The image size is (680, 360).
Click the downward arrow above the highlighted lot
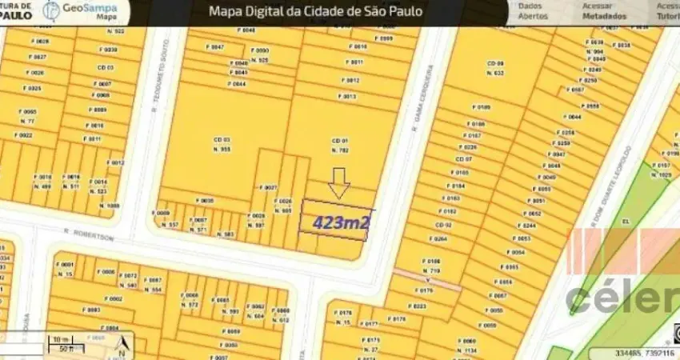[x=339, y=182]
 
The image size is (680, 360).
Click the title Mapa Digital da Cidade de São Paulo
[x=315, y=11]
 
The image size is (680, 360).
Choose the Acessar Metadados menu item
[x=604, y=10]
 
